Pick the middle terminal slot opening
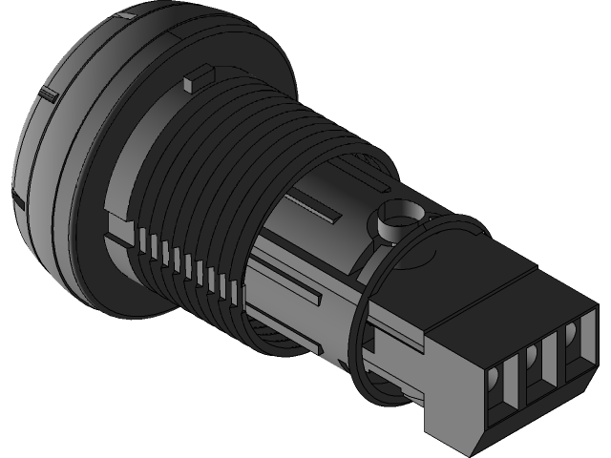534,367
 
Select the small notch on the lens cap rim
44,93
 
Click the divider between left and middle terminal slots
516,382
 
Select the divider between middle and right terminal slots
554,355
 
